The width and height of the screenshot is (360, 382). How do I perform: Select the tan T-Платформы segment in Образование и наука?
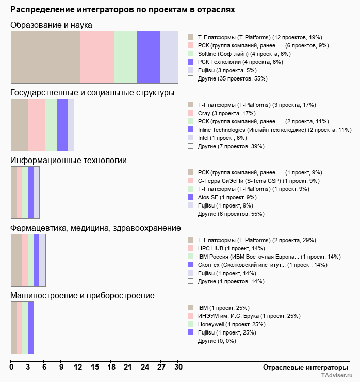pyautogui.click(x=45, y=57)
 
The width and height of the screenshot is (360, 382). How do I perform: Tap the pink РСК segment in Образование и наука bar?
pyautogui.click(x=97, y=57)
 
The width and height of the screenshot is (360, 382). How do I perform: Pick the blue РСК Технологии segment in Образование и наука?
pyautogui.click(x=149, y=57)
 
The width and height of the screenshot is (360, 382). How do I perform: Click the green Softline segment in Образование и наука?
pyautogui.click(x=126, y=57)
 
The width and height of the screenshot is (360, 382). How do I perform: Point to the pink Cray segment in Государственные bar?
pyautogui.click(x=36, y=125)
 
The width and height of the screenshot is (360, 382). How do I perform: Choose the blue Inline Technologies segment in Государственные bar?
pyautogui.click(x=62, y=125)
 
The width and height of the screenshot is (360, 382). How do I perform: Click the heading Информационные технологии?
pyautogui.click(x=69, y=161)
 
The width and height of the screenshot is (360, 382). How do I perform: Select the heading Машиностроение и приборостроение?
pyautogui.click(x=83, y=296)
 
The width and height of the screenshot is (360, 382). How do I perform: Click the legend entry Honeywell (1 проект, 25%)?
pyautogui.click(x=231, y=324)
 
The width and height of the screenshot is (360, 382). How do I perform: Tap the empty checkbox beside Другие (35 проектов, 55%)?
pyautogui.click(x=190, y=78)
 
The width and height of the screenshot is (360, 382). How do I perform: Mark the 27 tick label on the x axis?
pyautogui.click(x=161, y=368)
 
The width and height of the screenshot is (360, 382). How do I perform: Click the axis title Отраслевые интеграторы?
pyautogui.click(x=302, y=367)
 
